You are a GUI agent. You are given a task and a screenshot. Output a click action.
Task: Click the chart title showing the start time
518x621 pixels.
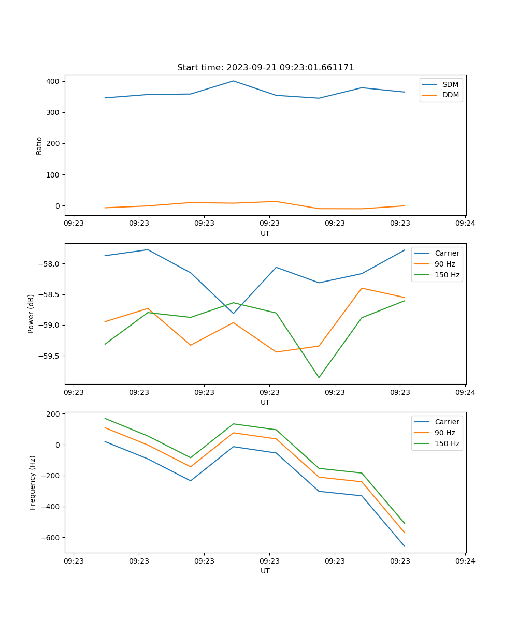point(265,68)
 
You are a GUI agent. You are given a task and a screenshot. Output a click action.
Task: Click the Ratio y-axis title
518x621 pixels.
point(39,145)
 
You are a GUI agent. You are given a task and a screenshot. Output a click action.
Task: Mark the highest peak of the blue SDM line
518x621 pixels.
point(233,81)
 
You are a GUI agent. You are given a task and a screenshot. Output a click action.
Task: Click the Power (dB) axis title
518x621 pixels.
point(31,314)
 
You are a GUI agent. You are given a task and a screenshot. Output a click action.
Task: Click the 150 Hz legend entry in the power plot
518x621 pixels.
point(447,275)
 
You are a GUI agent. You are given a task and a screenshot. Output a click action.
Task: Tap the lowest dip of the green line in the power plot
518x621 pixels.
point(319,377)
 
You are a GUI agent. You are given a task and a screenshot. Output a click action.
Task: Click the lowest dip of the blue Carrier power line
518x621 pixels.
point(233,313)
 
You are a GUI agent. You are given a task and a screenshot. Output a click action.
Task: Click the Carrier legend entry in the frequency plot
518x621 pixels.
point(447,422)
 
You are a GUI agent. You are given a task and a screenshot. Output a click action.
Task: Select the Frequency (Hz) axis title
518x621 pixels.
point(33,482)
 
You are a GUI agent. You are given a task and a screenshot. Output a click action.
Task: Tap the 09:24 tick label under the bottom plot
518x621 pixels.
point(465,561)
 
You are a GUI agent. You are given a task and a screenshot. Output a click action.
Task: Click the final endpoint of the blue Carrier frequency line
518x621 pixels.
point(405,546)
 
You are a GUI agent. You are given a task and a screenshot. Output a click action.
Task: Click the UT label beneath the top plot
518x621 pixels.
point(265,233)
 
